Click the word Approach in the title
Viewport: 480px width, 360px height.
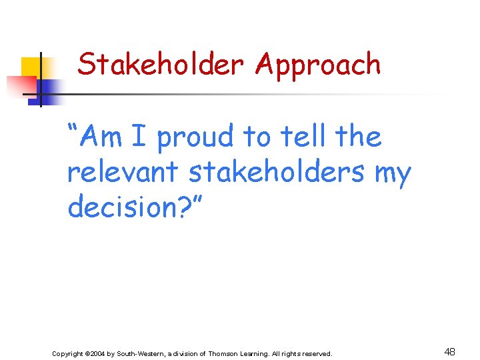point(318,65)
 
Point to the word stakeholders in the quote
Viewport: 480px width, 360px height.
point(277,172)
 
